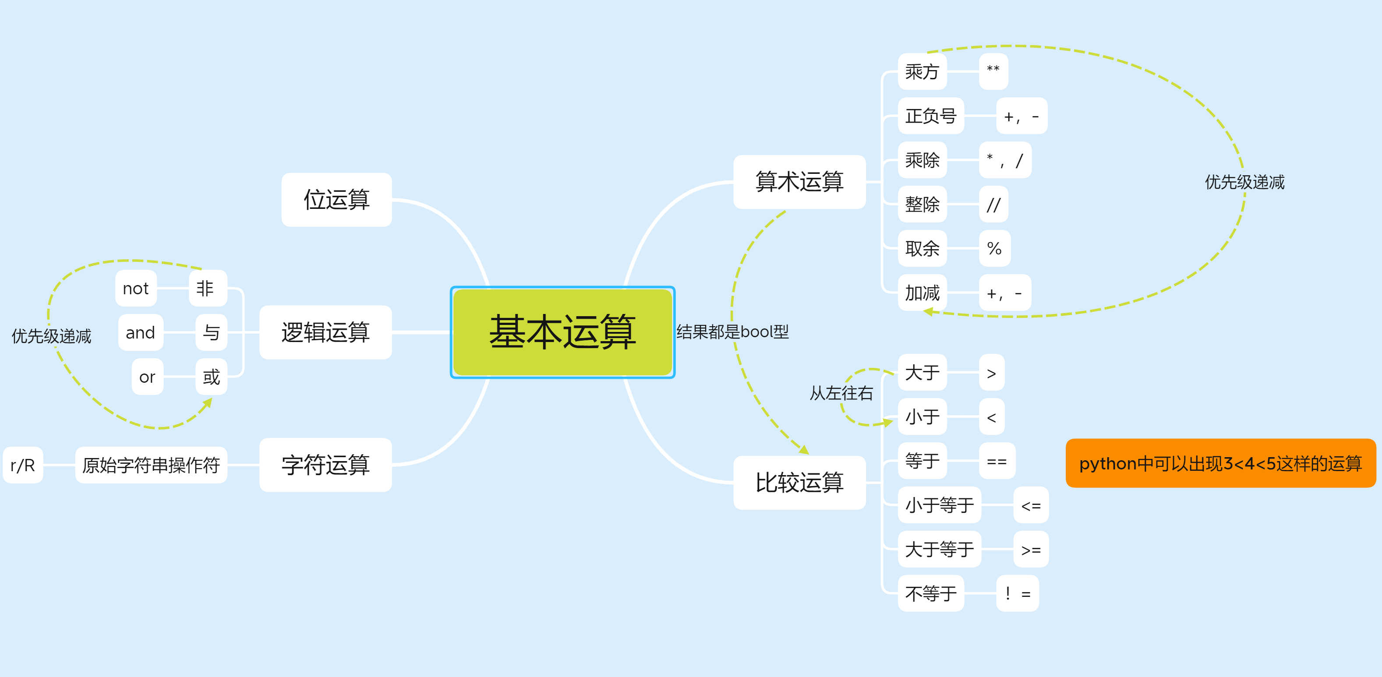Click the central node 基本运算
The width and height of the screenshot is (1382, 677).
click(562, 332)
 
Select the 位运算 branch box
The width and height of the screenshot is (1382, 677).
click(336, 200)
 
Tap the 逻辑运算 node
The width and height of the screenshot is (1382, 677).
click(325, 332)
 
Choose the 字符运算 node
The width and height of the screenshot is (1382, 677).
click(325, 465)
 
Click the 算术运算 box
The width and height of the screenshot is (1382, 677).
click(799, 182)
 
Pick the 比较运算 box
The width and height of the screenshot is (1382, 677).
click(799, 482)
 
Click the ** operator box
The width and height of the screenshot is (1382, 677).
click(993, 71)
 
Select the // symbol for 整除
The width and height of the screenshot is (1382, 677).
click(993, 205)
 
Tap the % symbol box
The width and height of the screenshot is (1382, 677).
click(994, 248)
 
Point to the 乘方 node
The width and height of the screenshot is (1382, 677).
click(922, 71)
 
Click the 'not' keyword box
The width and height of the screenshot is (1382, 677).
click(136, 289)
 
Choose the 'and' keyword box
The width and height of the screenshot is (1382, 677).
click(140, 333)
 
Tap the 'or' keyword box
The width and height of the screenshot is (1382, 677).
click(147, 377)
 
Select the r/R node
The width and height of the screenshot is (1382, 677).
click(22, 465)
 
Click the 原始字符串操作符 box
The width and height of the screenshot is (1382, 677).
click(151, 465)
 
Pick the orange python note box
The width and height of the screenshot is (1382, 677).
click(1220, 463)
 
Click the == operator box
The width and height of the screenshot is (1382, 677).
click(997, 461)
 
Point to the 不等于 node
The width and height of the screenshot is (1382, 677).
click(930, 593)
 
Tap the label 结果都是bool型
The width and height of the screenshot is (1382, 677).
click(732, 332)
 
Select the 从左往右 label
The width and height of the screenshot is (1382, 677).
click(841, 393)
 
